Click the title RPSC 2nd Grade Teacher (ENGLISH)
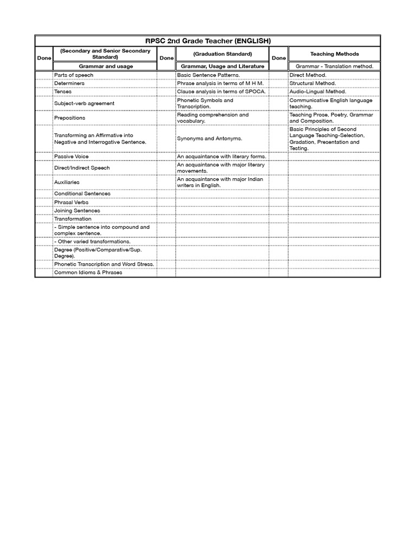[x=208, y=41]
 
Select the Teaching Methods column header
[x=334, y=54]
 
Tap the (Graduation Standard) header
[x=223, y=54]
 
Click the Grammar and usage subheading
[x=106, y=66]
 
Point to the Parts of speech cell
[x=74, y=75]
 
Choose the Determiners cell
[x=69, y=83]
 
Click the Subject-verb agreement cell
[x=84, y=103]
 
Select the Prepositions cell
[x=69, y=118]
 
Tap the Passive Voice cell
[x=71, y=157]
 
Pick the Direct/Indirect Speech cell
[x=82, y=168]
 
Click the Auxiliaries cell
[x=67, y=182]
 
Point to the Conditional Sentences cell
[x=82, y=193]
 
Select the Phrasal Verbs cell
[x=71, y=202]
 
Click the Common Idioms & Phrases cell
[x=88, y=273]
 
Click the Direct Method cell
[x=308, y=75]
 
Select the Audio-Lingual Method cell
[x=317, y=92]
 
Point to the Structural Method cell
[x=313, y=83]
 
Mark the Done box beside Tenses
[x=44, y=92]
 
